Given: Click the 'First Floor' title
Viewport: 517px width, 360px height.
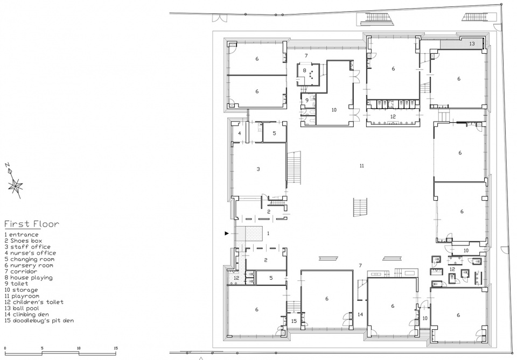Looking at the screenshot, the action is tap(32, 224).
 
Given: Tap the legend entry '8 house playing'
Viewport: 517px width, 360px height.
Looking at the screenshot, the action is tap(29, 278).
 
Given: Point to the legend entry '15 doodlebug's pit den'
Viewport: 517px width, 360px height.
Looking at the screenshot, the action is tap(39, 321).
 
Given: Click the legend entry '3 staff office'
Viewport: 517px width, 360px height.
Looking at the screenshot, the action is tap(27, 246).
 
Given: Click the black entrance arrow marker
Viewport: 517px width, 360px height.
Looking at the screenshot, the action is tap(227, 234).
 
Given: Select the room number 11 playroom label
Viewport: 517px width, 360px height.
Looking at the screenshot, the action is tap(362, 166).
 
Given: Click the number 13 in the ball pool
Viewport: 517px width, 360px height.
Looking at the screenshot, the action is tap(472, 44).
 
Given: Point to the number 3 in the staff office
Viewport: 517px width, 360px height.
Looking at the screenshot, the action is tap(258, 169).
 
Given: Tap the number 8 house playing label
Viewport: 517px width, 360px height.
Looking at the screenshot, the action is tap(305, 70).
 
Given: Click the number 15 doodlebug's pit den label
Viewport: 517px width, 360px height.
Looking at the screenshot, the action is tap(294, 321).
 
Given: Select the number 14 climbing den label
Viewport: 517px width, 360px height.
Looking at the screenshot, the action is tap(360, 315).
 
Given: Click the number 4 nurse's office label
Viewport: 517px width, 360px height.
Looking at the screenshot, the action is tap(240, 133).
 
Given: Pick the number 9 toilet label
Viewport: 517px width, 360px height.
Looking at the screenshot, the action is tap(306, 100).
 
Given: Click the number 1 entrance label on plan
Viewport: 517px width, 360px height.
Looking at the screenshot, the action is tap(268, 234).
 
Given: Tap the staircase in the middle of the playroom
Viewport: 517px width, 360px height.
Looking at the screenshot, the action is tap(360, 207).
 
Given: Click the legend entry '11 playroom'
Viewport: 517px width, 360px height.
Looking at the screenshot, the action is tap(22, 296).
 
